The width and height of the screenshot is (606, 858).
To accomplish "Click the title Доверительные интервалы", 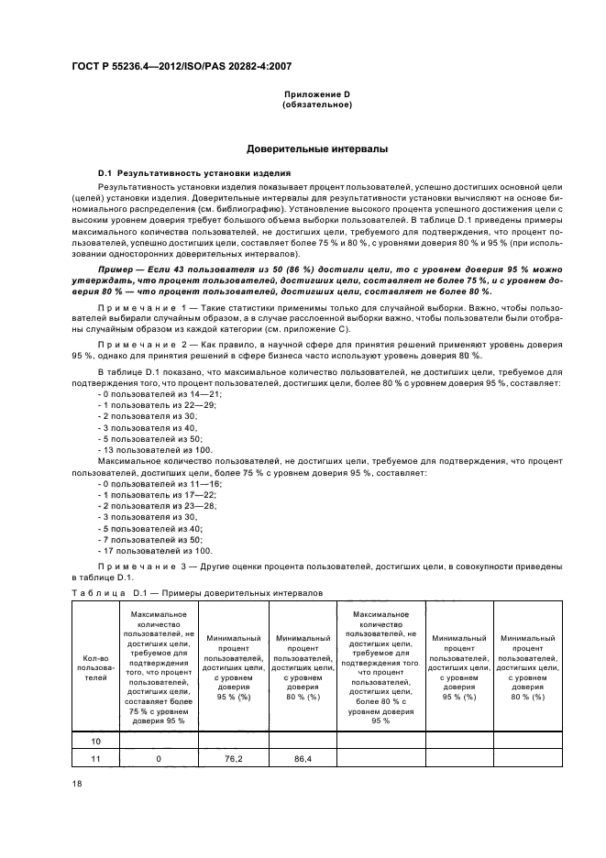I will click(316, 148).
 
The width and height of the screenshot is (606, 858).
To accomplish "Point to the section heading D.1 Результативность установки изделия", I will click(194, 172).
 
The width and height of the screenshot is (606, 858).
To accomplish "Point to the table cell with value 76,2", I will click(233, 759).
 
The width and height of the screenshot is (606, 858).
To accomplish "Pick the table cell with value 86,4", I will click(303, 759).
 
